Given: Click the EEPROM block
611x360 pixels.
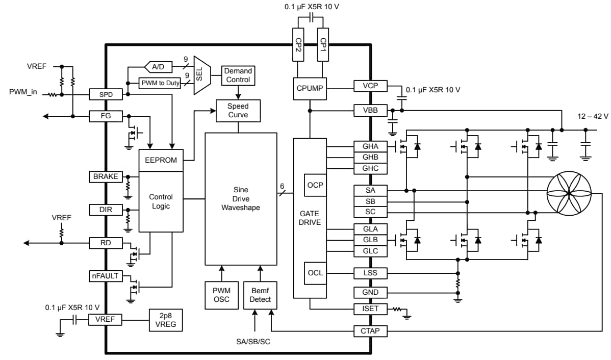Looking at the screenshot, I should tap(161, 160).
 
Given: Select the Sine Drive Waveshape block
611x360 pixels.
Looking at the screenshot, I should tap(241, 199).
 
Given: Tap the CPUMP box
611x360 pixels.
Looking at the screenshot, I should tap(310, 88).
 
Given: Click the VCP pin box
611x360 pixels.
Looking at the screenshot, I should tap(370, 86).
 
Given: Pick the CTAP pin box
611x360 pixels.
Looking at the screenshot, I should tap(370, 331).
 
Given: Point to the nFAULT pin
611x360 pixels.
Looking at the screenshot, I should tap(105, 276).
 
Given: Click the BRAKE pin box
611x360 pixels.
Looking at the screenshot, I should tap(106, 176).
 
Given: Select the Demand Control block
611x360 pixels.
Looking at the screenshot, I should tap(238, 75).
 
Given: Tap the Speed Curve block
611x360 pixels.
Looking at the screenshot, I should tap(238, 110).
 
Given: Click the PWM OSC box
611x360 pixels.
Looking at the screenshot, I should tap(221, 295).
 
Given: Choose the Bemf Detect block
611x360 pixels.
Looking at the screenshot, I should tap(260, 295).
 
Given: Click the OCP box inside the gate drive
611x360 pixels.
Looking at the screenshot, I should tap(315, 185).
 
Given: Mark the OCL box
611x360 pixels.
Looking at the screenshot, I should tap(315, 273).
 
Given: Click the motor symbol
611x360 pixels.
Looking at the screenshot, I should tap(569, 194).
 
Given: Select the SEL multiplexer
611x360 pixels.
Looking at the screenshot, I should tap(199, 75).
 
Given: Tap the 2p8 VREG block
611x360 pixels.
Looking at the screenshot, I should tap(165, 320).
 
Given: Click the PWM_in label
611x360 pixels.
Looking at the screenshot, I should tap(23, 92).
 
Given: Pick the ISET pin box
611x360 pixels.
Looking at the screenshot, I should tap(370, 308).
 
